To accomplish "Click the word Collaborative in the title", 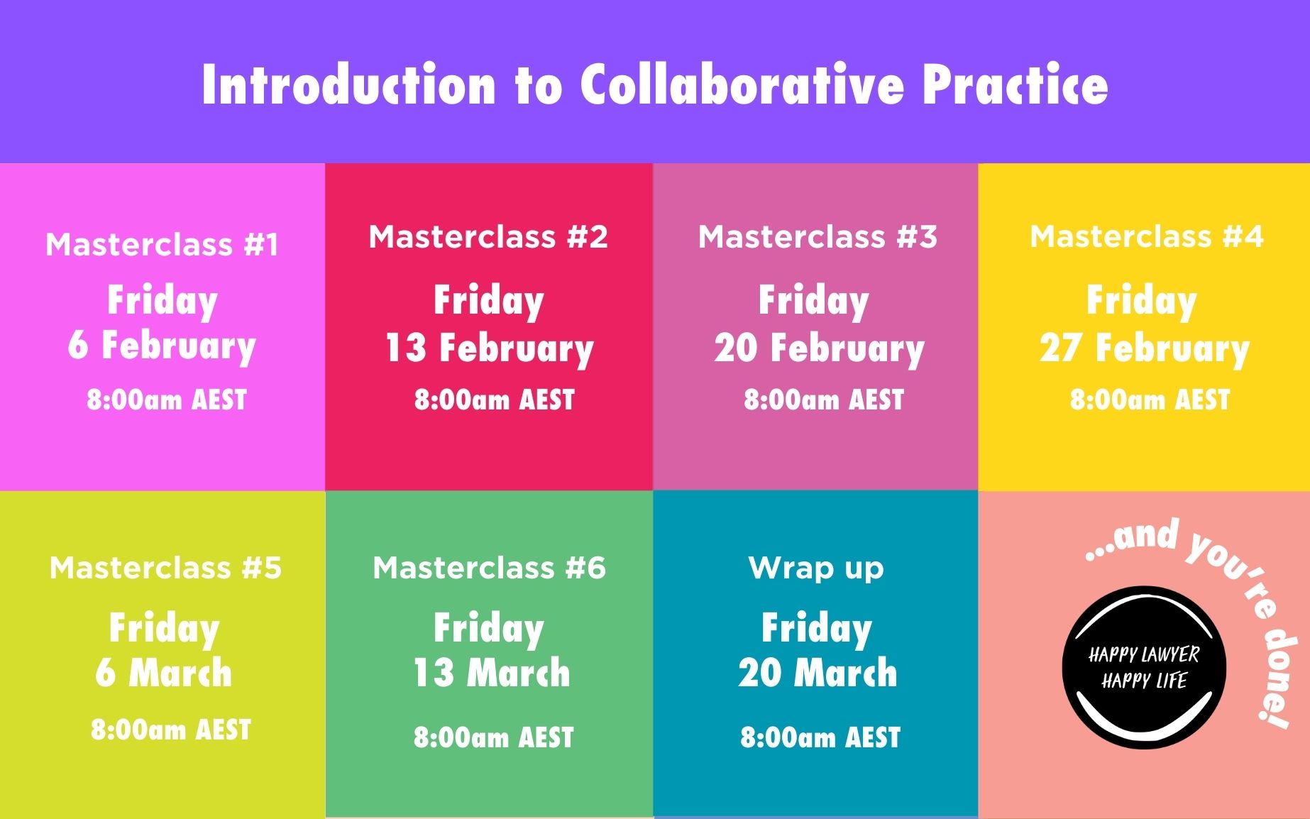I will [x=742, y=85].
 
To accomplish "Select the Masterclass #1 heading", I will [x=163, y=245].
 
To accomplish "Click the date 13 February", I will [x=489, y=349].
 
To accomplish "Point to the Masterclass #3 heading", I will [x=818, y=237].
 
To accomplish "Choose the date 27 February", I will [x=1144, y=349].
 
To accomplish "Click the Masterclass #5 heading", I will [x=165, y=568].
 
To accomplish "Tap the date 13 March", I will [x=491, y=673].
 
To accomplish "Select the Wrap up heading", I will [x=816, y=568].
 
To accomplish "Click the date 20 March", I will [x=818, y=673].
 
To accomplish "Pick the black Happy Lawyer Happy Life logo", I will [x=1143, y=667].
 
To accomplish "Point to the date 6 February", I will [x=162, y=346].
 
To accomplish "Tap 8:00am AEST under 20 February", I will [x=823, y=400].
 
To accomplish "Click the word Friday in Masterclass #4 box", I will [x=1141, y=301].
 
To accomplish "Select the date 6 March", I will [x=163, y=673].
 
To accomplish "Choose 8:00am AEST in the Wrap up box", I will [x=820, y=738].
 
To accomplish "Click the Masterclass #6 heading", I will [x=490, y=568].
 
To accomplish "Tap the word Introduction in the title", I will [x=348, y=85].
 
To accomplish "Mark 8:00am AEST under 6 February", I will [x=167, y=400].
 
